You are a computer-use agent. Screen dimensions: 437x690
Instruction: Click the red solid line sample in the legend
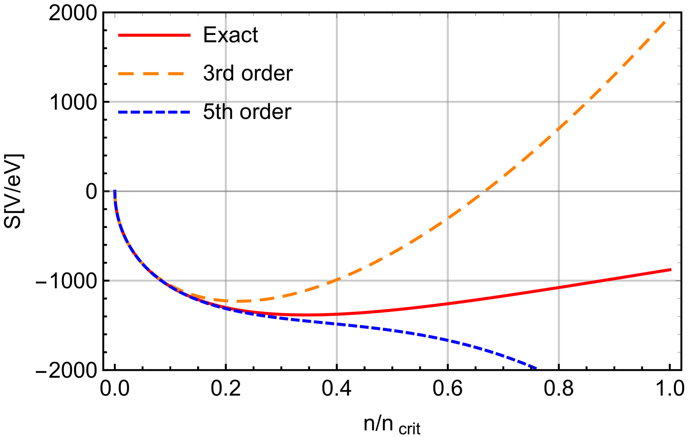(154, 35)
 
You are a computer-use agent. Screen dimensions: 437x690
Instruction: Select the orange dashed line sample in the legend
(151, 74)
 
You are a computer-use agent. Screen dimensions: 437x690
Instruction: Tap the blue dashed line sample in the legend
(154, 112)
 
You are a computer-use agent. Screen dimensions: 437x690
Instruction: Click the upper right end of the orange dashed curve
(665, 21)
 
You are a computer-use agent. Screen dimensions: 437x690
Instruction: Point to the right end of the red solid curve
(671, 269)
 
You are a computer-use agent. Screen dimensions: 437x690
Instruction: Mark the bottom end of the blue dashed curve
(536, 368)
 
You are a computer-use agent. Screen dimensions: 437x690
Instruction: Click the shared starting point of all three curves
(115, 191)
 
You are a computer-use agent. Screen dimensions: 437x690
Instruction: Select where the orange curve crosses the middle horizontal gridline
(485, 191)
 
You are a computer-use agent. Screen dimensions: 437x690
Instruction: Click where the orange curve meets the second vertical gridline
(337, 280)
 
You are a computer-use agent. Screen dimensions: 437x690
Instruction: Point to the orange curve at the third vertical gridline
(448, 217)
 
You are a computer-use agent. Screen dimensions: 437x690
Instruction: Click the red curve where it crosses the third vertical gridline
(448, 304)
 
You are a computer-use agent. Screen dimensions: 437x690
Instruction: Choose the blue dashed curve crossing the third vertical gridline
(448, 340)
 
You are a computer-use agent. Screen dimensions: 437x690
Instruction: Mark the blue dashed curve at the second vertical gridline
(337, 323)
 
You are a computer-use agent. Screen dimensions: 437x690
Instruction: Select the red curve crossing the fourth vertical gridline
(559, 287)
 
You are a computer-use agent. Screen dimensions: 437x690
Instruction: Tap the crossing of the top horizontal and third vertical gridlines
(448, 101)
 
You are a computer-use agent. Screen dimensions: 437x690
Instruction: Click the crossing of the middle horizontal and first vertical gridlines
(226, 191)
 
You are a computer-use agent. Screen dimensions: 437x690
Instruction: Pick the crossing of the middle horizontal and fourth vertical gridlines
(559, 191)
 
